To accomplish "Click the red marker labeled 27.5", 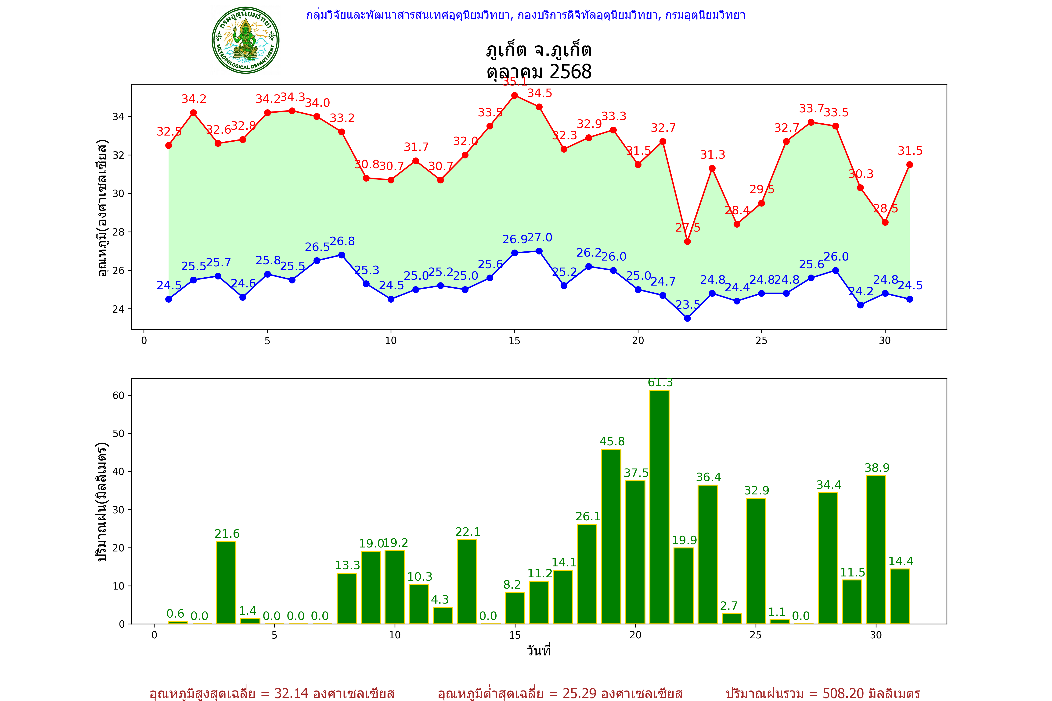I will (688, 241).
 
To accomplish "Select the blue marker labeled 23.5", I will (688, 318).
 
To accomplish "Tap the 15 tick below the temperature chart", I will (514, 341).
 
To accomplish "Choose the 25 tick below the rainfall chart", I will (756, 635).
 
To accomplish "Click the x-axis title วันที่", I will (539, 651).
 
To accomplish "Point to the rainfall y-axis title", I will (102, 502).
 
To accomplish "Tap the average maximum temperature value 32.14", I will (291, 693).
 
